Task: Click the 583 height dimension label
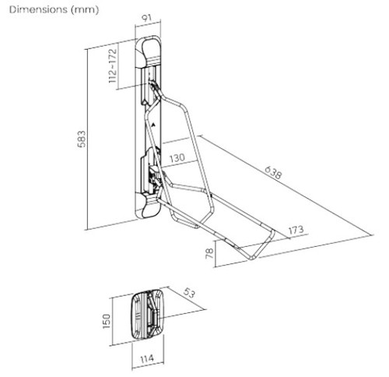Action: coord(82,139)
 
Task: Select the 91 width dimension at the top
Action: coord(147,18)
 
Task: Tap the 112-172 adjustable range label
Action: coord(113,65)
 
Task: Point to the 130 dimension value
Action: coord(177,158)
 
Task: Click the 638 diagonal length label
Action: coord(273,173)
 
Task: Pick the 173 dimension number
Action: coord(296,230)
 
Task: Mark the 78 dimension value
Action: coord(209,253)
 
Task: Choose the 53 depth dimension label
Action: coord(189,293)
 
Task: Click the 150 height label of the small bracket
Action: coord(107,322)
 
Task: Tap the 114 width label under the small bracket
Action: coord(147,359)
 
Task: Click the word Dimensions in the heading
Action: coord(38,9)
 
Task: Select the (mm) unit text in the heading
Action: coord(84,10)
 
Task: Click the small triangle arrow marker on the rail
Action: coord(154,124)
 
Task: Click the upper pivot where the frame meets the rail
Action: coord(154,86)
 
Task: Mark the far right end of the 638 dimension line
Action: coord(373,235)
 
